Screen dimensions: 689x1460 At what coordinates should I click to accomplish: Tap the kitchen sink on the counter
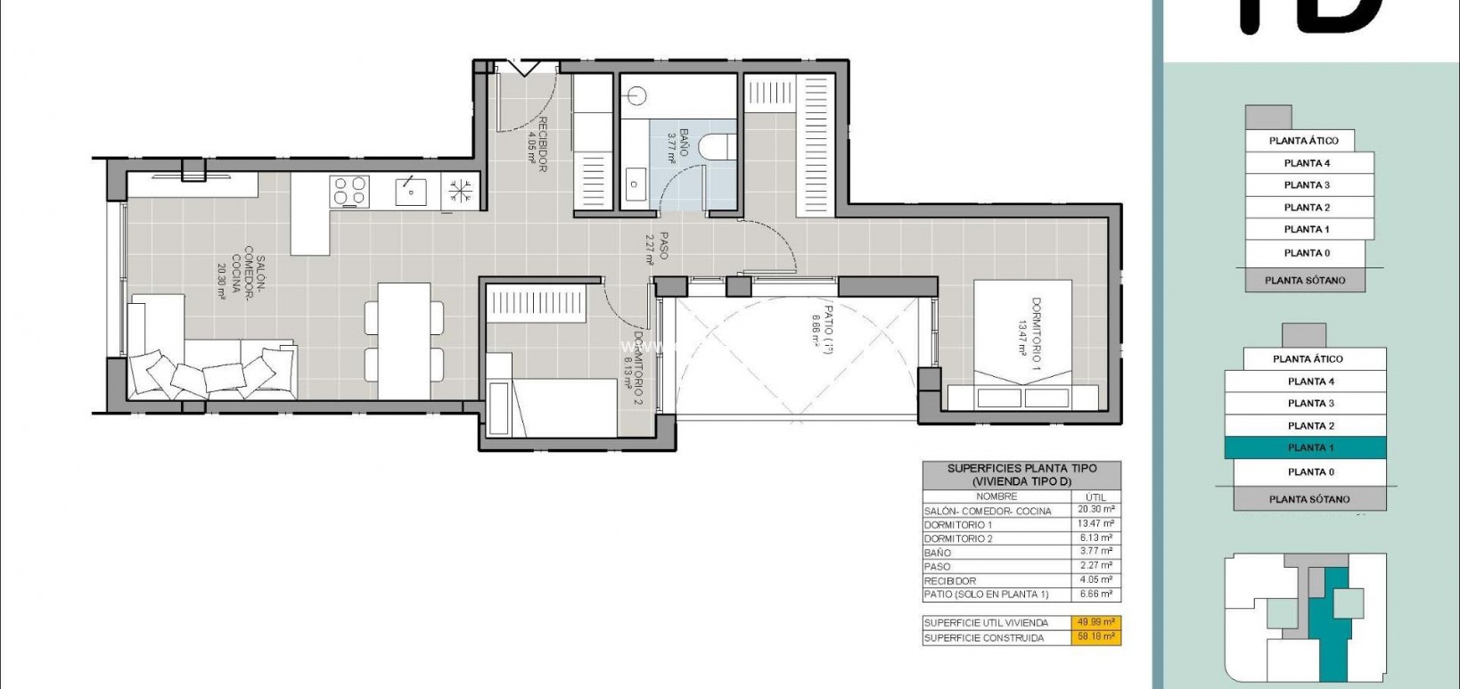(411, 191)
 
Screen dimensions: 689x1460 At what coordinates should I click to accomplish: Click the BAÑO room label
(678, 146)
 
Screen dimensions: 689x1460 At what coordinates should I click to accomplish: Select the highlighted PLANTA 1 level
(1306, 447)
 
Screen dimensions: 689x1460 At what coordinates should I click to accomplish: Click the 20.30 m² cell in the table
(1095, 510)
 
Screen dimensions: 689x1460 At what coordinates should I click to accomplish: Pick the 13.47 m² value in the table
(1095, 524)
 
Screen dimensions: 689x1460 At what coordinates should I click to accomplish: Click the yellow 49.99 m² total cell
(1095, 622)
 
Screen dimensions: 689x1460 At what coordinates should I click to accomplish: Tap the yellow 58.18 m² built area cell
(1095, 637)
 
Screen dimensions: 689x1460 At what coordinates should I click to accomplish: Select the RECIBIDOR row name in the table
(950, 580)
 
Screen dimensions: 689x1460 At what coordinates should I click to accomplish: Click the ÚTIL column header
(1095, 496)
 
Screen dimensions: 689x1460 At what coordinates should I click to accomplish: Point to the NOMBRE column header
(997, 496)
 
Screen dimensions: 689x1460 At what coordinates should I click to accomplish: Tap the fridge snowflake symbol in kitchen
(461, 191)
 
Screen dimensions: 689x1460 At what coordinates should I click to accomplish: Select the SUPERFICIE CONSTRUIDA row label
(983, 638)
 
